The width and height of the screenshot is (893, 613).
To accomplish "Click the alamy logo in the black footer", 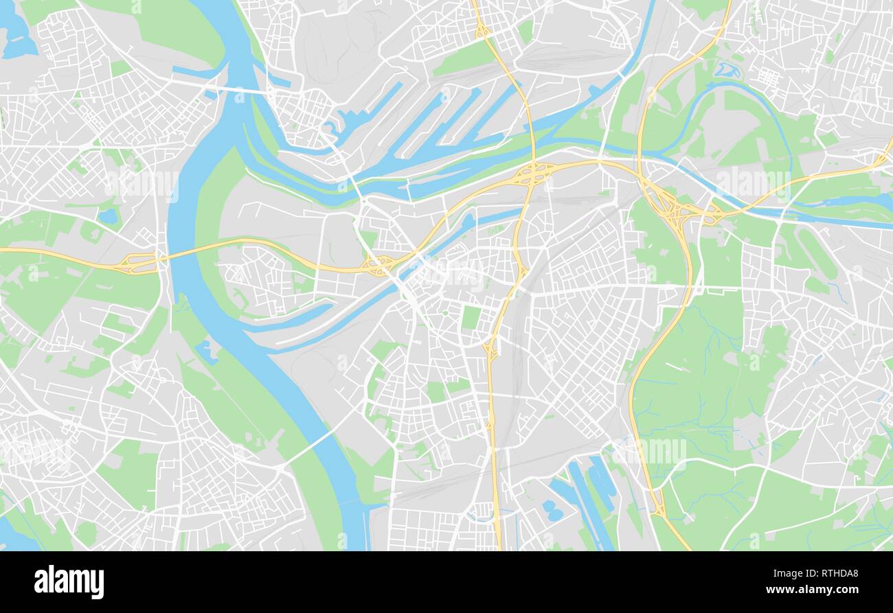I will click(69, 582).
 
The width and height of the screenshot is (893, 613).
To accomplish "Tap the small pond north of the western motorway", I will click(108, 217).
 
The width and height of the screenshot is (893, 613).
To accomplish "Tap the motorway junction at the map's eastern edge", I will click(879, 161).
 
